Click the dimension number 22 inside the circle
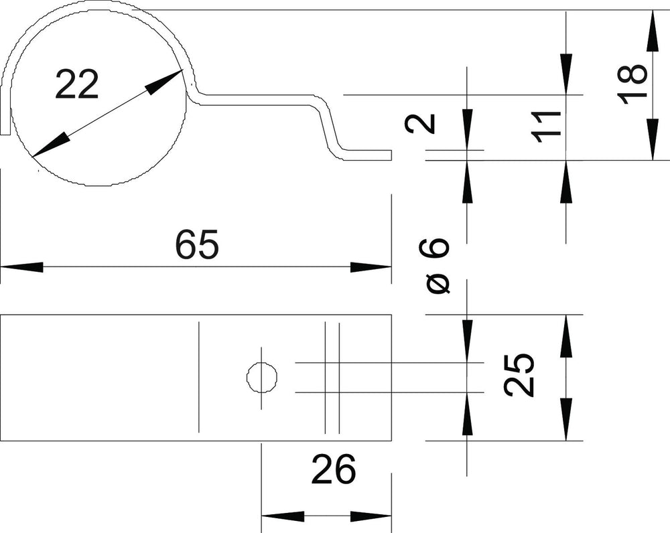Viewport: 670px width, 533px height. [x=77, y=84]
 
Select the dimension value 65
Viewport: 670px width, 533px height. [x=197, y=244]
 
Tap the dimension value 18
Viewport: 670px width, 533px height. [x=632, y=84]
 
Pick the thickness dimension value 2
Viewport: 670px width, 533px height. [x=421, y=124]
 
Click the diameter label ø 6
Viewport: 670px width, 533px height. [x=436, y=266]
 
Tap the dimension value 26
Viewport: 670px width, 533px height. [x=334, y=469]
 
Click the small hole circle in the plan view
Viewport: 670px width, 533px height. [x=262, y=378]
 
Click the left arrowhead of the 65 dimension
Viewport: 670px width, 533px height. [x=21, y=267]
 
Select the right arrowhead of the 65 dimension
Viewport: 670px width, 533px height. [x=371, y=267]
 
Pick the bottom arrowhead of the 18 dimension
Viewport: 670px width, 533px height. [x=653, y=139]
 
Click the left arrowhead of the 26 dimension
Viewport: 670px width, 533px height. [x=283, y=516]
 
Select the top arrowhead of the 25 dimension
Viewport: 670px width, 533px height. [x=567, y=335]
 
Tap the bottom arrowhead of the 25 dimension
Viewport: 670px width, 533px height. [x=567, y=419]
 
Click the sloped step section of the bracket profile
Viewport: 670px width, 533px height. [x=329, y=127]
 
